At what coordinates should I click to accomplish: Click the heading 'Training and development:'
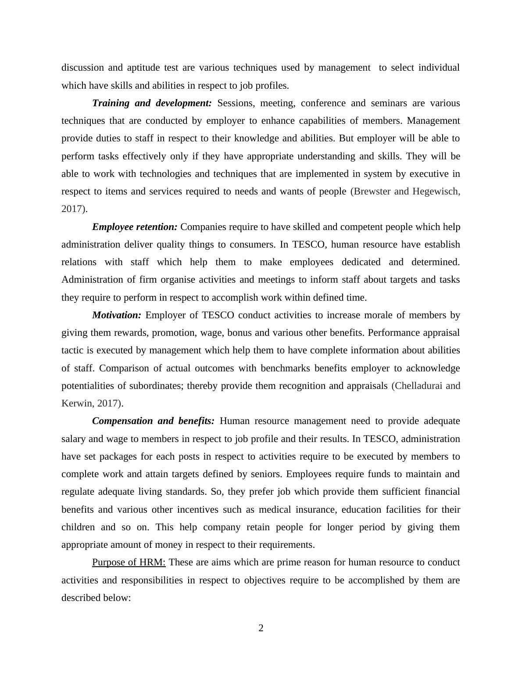pos(152,103)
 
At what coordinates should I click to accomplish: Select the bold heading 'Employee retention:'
pos(135,227)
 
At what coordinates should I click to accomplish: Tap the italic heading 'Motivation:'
pos(117,315)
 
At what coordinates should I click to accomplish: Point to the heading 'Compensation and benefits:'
pos(153,421)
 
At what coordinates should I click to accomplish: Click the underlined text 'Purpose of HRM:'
pos(129,562)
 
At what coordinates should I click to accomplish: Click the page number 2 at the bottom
pos(261,628)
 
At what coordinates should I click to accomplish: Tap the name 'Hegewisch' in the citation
pos(436,191)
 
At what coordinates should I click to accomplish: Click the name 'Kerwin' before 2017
pos(76,403)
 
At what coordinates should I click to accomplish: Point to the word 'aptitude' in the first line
pos(143,68)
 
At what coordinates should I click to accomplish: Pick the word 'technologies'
pos(165,174)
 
